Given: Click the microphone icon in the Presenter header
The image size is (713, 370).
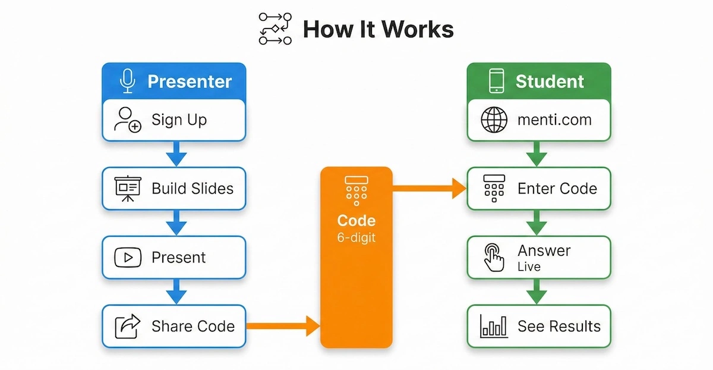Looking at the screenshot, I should click(x=127, y=81).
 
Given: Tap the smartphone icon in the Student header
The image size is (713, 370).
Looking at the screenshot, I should click(x=496, y=81).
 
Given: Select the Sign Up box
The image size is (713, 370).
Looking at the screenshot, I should click(x=173, y=120).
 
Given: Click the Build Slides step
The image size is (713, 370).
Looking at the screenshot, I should click(x=173, y=189).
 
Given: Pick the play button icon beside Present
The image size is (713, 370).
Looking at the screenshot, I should click(x=127, y=258).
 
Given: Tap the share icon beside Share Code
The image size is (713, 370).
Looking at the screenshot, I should click(x=127, y=326).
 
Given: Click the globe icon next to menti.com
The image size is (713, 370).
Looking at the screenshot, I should click(x=494, y=120).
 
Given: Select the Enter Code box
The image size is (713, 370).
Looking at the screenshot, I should click(x=538, y=189).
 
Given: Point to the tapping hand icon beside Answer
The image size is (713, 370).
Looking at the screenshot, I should click(x=494, y=258).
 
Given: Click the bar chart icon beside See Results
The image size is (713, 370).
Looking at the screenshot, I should click(x=494, y=326).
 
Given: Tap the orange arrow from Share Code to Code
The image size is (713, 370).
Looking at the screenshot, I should click(x=283, y=326).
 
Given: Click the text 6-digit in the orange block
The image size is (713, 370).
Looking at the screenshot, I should click(x=356, y=237).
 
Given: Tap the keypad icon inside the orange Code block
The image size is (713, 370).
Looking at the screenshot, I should click(x=356, y=190).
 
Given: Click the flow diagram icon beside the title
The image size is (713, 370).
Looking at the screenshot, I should click(x=275, y=28).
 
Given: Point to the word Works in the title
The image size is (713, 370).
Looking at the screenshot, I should click(x=418, y=29).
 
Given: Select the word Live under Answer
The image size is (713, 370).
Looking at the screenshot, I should click(x=529, y=266).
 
